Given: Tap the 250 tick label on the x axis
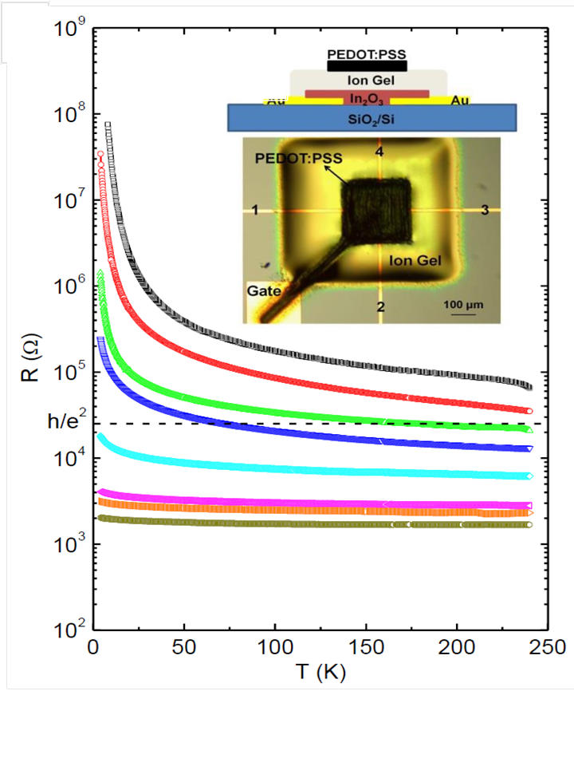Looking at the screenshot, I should [548, 646].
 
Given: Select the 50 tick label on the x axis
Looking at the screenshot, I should [184, 646].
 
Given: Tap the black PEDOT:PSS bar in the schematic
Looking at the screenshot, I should [368, 65].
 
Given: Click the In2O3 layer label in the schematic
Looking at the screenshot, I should [367, 97].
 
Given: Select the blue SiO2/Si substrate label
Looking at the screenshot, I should [372, 117].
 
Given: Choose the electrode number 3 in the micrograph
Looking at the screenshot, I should [484, 210].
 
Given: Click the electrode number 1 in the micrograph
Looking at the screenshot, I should [254, 210].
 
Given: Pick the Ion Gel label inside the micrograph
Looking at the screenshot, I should [415, 260].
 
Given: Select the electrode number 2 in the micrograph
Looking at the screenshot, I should [380, 307].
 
